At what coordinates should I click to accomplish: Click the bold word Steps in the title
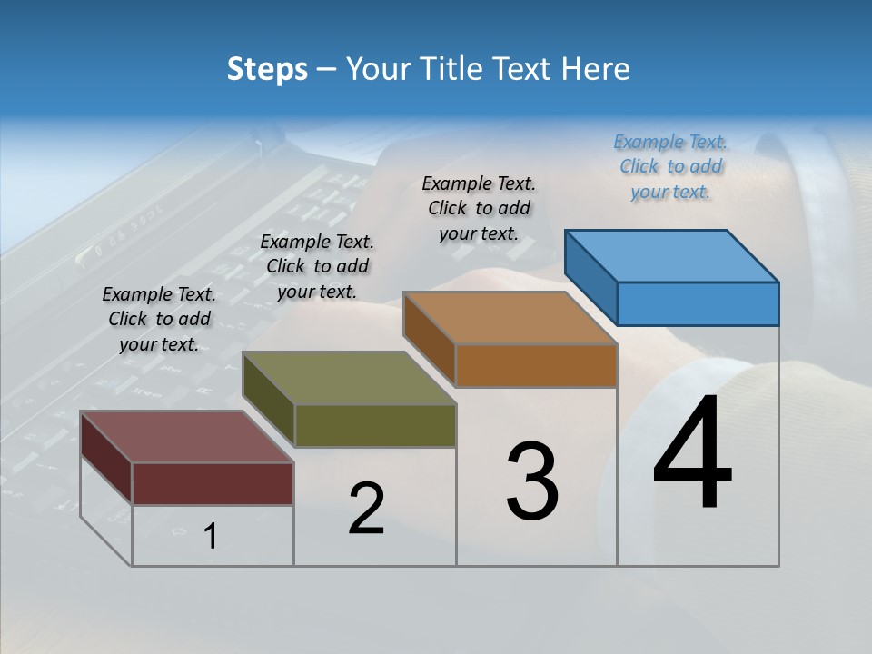267,69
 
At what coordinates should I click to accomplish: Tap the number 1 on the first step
210,537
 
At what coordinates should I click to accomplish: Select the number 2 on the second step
366,509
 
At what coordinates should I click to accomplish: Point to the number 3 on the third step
532,481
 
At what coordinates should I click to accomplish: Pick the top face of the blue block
672,255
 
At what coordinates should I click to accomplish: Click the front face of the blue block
698,303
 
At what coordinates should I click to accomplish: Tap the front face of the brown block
536,366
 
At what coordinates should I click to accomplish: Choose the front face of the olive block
375,425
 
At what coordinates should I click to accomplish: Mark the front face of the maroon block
213,483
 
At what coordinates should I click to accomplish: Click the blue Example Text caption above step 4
670,166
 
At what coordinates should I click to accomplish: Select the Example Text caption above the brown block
479,208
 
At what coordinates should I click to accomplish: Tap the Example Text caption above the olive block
317,266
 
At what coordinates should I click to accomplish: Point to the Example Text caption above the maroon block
159,319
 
